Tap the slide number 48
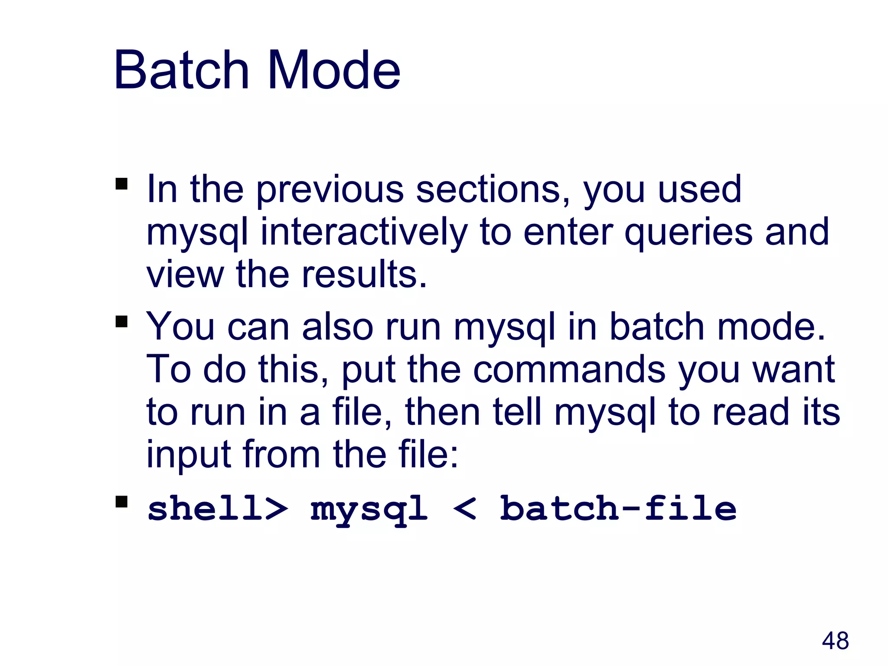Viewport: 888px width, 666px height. coord(835,640)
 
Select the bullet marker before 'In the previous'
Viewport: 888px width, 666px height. coord(122,184)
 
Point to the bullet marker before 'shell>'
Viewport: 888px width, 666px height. coord(122,502)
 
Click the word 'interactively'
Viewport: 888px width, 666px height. coord(363,233)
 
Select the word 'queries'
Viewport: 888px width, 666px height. coord(688,233)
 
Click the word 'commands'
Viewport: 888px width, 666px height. coord(569,369)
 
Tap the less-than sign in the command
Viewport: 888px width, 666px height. coord(465,508)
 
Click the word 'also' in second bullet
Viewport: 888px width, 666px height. coord(337,327)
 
